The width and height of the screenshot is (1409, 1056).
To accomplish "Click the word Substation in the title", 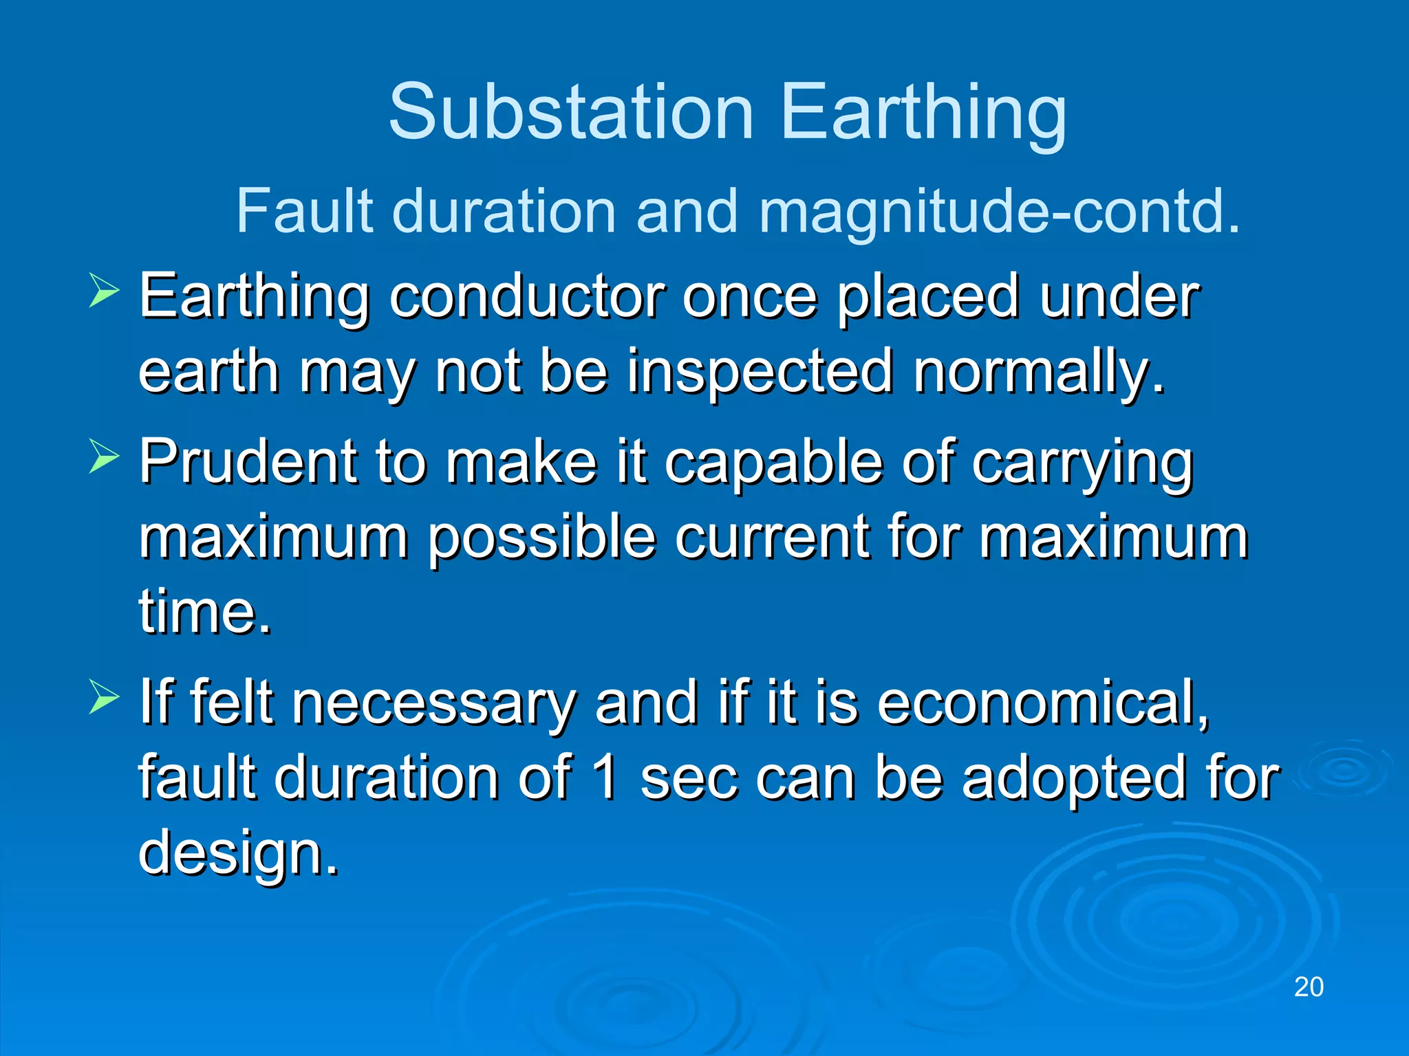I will click(571, 112).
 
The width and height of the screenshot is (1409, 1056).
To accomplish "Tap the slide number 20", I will click(1309, 987).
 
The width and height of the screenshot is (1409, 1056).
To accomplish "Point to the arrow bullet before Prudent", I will click(104, 456).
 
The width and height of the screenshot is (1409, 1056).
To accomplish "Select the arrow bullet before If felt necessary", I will click(104, 697).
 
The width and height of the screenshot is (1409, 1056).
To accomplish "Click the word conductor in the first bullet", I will click(527, 297).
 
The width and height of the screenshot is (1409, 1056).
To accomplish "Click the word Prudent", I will click(248, 461).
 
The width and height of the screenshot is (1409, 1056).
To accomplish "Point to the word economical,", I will click(1042, 703).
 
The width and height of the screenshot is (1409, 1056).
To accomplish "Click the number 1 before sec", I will click(605, 778).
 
